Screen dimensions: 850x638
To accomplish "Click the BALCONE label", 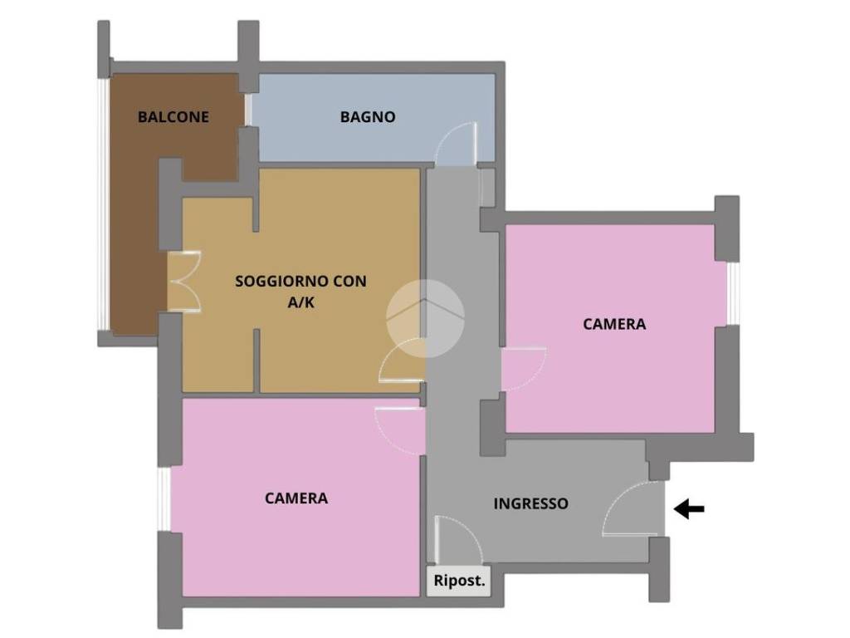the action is (x=173, y=116).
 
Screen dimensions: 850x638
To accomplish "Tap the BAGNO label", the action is (x=368, y=116).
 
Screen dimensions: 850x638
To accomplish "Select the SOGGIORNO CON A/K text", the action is (x=300, y=292).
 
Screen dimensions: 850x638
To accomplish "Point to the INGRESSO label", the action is (x=530, y=503).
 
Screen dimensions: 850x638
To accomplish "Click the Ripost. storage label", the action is (x=459, y=581).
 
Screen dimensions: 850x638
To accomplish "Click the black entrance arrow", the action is (x=689, y=509).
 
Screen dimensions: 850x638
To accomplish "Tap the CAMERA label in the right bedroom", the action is (x=614, y=324).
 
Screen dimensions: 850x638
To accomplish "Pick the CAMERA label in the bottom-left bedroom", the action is (x=296, y=498).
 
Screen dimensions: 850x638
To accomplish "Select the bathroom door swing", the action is (x=456, y=144).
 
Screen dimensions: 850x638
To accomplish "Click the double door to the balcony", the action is (x=184, y=282).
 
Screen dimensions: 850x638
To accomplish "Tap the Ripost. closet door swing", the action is (x=458, y=539).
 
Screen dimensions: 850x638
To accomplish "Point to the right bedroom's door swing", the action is (x=524, y=369).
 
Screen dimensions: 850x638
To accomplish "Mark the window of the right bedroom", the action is (x=733, y=293).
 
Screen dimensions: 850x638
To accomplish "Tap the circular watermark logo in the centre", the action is (x=425, y=318).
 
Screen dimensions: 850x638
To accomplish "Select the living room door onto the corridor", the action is (x=401, y=361).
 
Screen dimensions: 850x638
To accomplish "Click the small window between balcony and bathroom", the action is (x=248, y=110).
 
